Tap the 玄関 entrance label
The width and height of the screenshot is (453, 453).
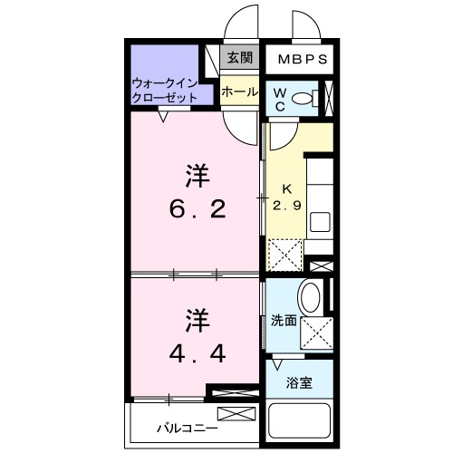point(239,58)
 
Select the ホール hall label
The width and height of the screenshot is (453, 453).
point(239,92)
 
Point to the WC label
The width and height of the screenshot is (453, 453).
point(280,99)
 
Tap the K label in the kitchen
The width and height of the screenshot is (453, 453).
point(286,188)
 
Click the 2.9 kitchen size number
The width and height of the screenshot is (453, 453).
point(286,206)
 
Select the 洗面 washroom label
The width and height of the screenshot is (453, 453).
point(283,320)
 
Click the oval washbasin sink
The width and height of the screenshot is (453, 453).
point(310,298)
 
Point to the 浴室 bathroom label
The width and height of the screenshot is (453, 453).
point(301,381)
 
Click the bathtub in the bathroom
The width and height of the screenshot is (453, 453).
point(302,421)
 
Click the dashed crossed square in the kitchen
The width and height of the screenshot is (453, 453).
point(285,254)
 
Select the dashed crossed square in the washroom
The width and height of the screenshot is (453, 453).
point(317,333)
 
